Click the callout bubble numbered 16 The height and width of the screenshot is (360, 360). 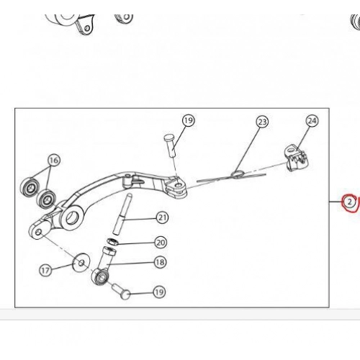[54, 160]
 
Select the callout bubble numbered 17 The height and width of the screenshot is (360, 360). [45, 271]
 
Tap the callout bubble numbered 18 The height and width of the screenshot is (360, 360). [160, 262]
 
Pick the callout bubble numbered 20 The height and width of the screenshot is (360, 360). [161, 243]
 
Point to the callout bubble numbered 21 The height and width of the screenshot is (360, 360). [163, 217]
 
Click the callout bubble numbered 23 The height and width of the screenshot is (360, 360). [262, 122]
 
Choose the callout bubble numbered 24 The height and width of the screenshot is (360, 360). [312, 121]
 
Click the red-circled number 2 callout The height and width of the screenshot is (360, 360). [349, 202]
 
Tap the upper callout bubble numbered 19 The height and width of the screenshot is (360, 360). [189, 120]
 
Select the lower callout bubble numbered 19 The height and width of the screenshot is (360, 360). [159, 292]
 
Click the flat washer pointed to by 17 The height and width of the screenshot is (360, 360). [81, 263]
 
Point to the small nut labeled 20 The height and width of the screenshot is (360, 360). [112, 241]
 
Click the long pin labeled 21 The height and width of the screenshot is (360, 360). [122, 215]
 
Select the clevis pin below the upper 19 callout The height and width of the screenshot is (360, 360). [171, 146]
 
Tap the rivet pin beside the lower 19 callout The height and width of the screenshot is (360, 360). [122, 291]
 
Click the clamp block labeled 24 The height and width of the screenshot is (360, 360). [296, 158]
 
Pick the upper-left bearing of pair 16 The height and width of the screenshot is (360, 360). [30, 188]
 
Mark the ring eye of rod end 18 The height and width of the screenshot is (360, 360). [100, 276]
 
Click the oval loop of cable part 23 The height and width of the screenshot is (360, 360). [238, 174]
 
